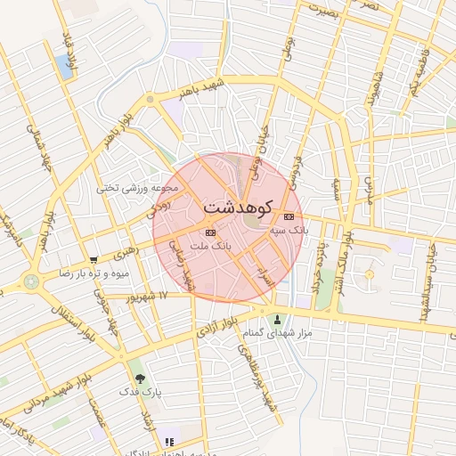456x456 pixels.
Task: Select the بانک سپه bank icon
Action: pos(288,216)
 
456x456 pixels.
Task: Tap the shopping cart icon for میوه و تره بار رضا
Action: pos(94,260)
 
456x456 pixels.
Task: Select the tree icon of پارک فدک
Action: pos(138,379)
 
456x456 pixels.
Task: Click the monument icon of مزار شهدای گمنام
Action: pos(277,319)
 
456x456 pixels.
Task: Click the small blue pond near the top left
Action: pos(65,63)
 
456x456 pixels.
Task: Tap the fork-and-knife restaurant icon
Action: pos(169,441)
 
